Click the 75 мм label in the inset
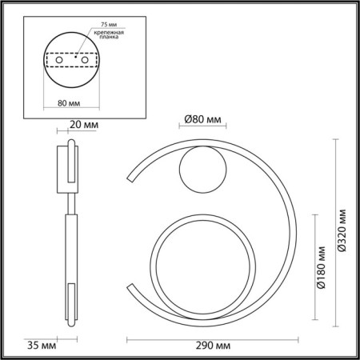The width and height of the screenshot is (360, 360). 109,24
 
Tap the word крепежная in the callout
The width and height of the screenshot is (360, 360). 109,33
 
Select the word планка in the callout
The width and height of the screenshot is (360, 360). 109,37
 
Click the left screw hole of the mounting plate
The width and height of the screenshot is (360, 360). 59,60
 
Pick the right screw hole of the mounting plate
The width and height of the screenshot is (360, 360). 85,60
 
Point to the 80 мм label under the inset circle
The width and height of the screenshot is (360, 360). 69,103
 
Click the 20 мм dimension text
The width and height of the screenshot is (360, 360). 84,125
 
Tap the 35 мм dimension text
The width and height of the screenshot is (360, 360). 42,346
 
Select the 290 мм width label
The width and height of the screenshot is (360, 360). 213,346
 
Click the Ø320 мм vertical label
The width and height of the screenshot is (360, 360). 342,230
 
